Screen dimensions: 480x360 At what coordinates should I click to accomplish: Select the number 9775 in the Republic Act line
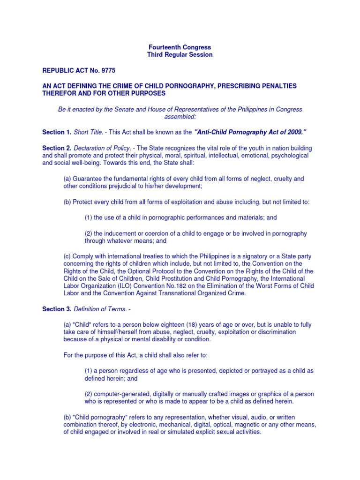[x=105, y=70]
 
